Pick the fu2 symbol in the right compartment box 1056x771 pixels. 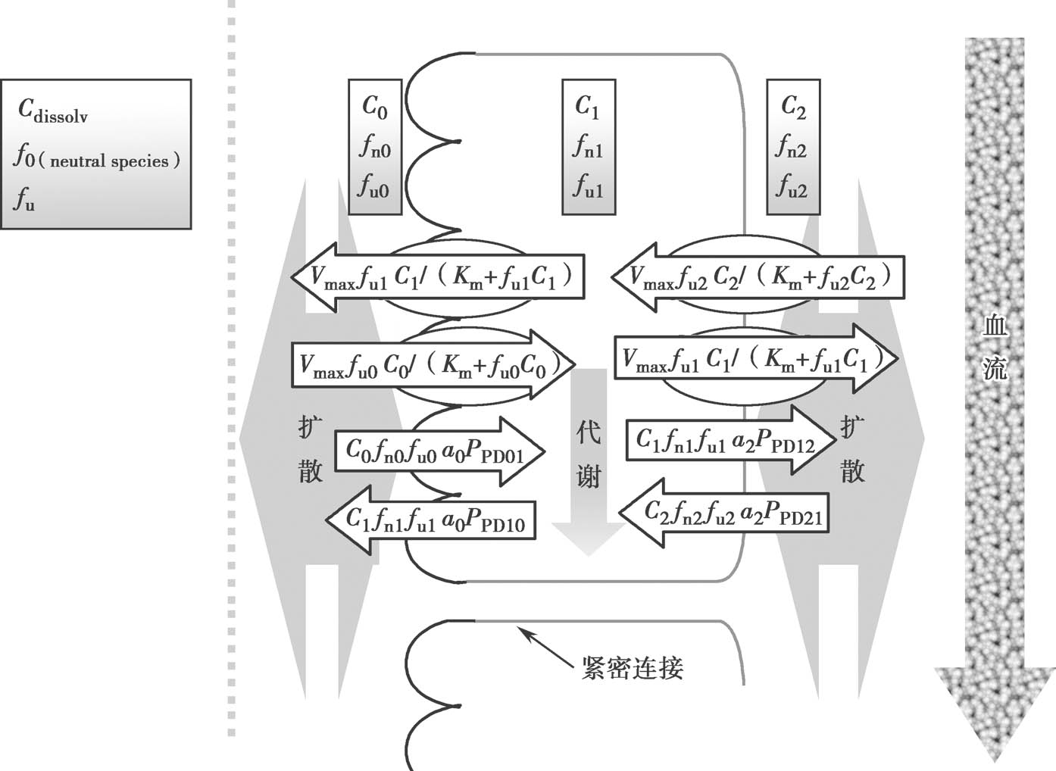[x=792, y=186]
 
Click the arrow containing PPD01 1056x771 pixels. [x=439, y=451]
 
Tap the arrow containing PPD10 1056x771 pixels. [x=432, y=520]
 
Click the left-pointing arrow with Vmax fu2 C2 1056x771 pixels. [x=758, y=277]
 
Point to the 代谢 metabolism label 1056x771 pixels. [x=589, y=454]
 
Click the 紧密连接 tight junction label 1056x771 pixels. [x=633, y=668]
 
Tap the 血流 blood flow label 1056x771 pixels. [x=994, y=347]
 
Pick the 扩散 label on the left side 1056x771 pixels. [x=311, y=449]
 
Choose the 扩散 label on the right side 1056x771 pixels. [x=853, y=449]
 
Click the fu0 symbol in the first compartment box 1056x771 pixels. [x=374, y=186]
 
